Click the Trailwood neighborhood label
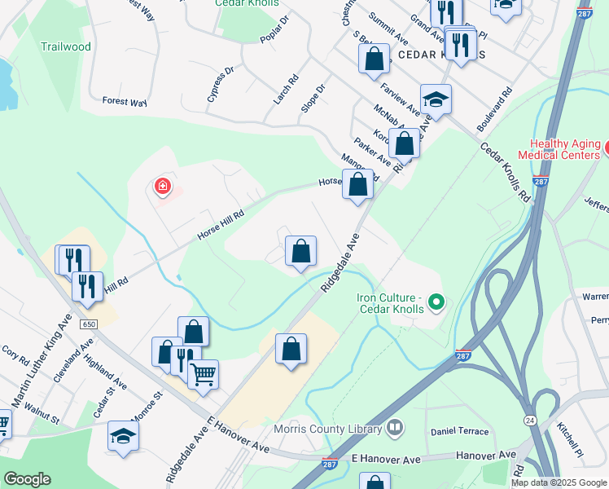[x=66, y=46]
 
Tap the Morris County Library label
[x=340, y=429]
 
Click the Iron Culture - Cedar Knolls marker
[x=436, y=304]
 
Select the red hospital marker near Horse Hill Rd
[x=163, y=187]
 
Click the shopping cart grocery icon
[x=203, y=375]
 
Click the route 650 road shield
[x=89, y=324]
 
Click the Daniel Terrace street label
[x=460, y=431]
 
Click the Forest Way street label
[x=125, y=102]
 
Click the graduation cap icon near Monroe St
[x=123, y=436]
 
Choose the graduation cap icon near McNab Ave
[x=436, y=99]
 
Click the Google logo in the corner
[x=27, y=479]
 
